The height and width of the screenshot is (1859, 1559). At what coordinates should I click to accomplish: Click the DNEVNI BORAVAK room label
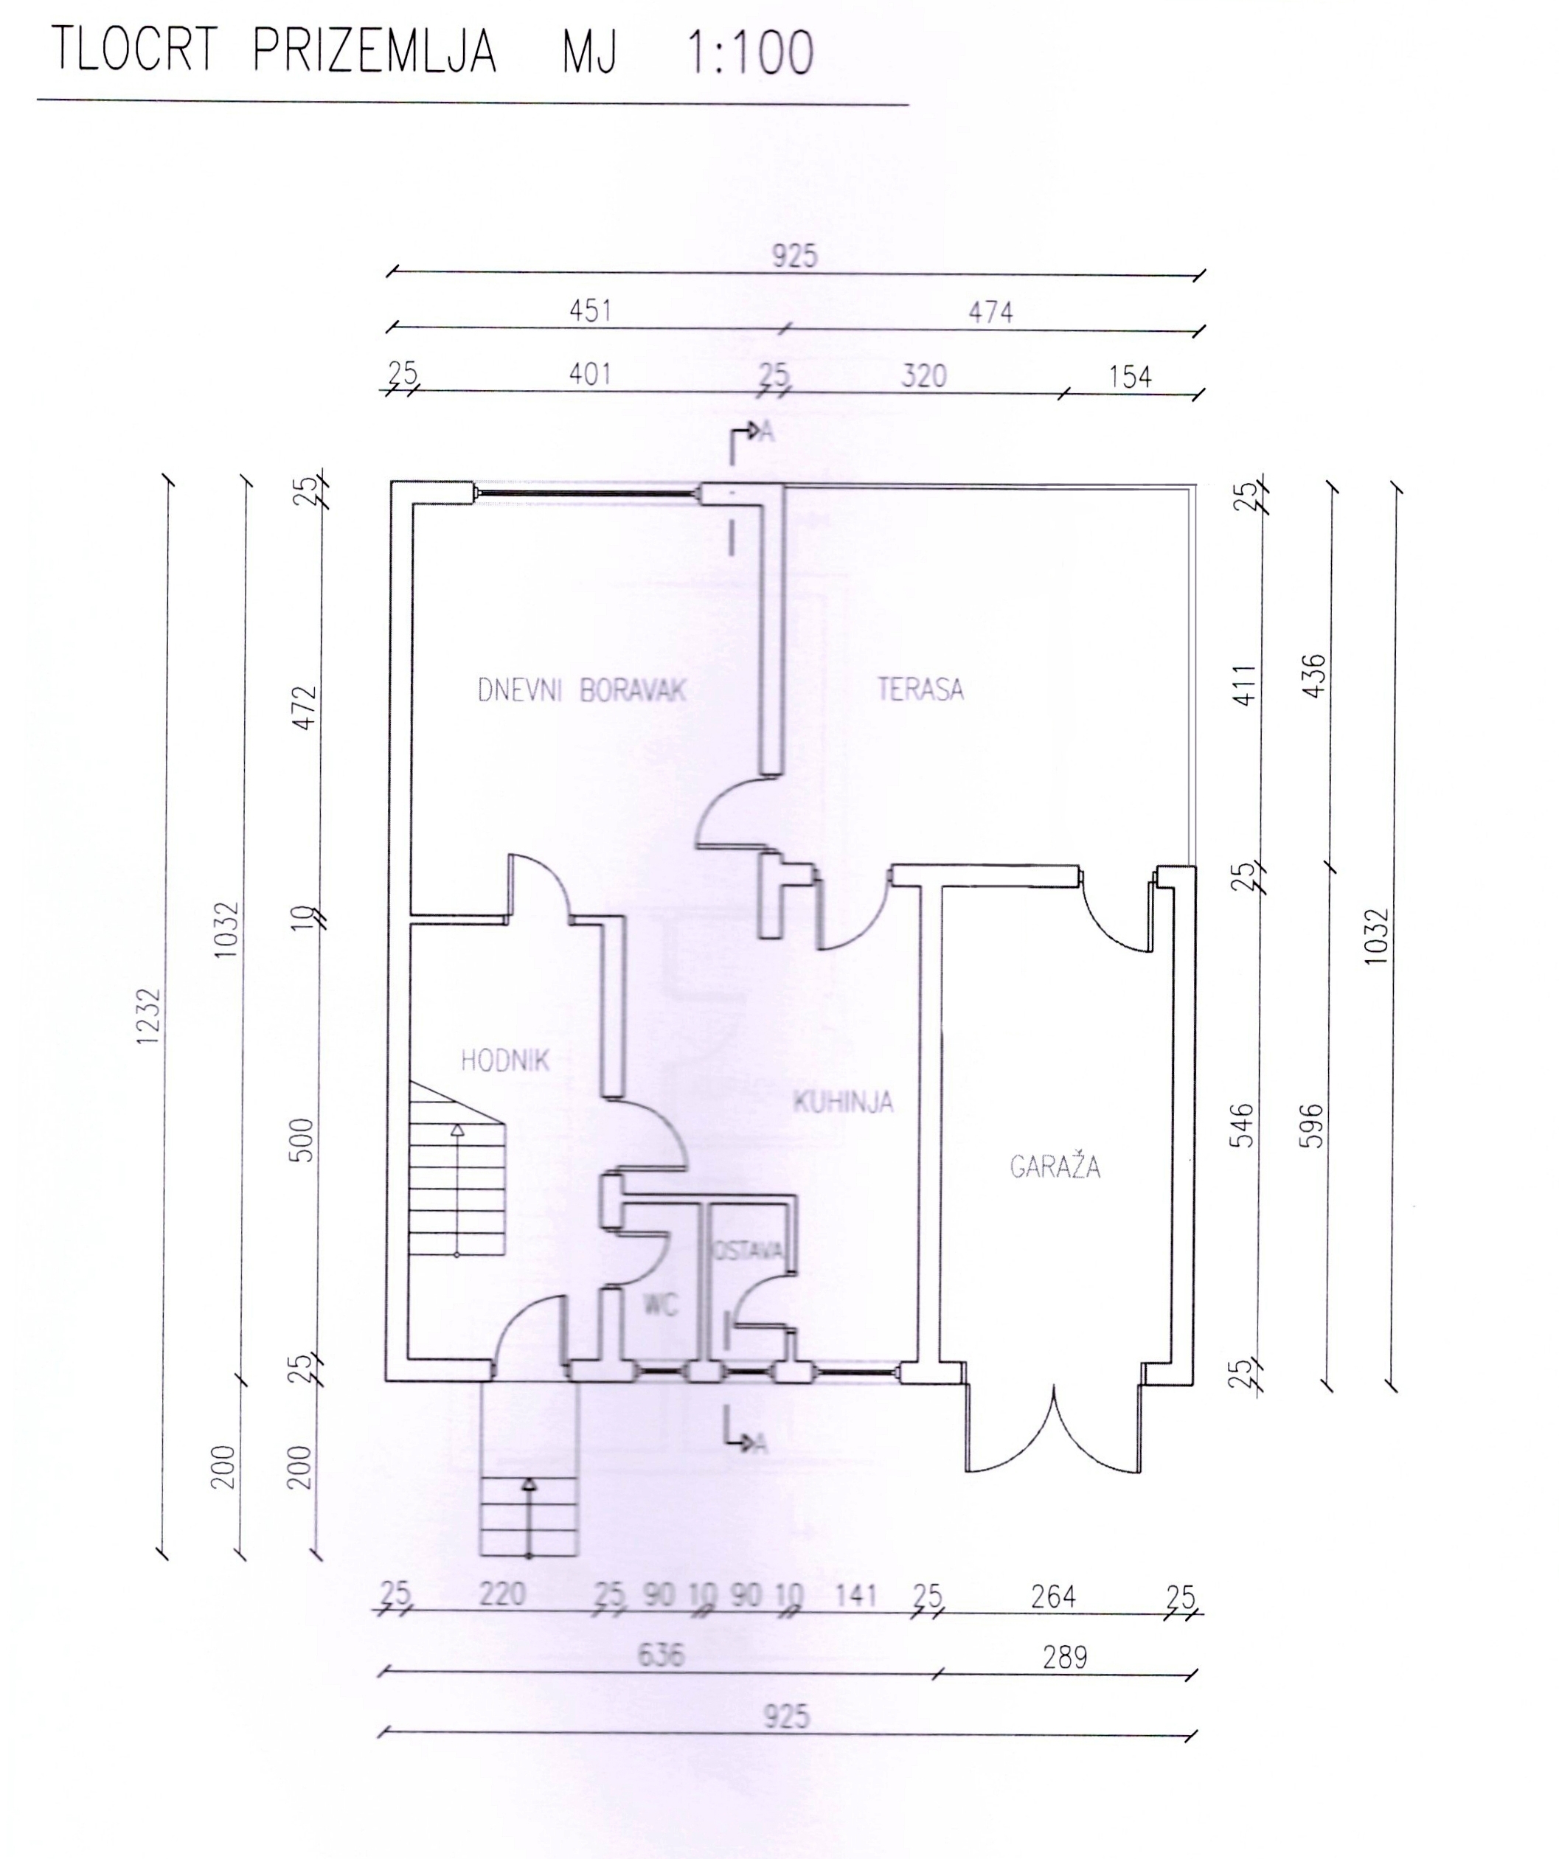point(582,689)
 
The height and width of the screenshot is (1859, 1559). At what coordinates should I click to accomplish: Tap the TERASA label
point(920,688)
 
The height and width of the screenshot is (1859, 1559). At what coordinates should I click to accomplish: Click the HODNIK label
point(505,1060)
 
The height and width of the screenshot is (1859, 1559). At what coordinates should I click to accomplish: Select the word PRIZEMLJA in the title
point(374,50)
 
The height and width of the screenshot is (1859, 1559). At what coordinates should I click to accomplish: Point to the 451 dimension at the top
point(590,310)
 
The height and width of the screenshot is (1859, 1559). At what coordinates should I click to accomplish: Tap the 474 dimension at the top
point(990,312)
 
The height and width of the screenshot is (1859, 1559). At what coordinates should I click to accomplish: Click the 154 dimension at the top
point(1130,377)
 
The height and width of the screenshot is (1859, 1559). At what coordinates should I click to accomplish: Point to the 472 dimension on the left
point(304,707)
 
